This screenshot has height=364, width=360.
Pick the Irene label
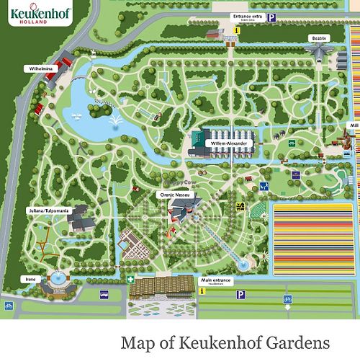(x=30, y=278)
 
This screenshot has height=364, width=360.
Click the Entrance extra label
(x=247, y=15)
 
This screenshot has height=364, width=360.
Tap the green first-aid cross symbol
(x=130, y=279)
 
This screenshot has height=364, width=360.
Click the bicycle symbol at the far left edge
(x=9, y=305)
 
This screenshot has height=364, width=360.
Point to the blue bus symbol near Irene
(x=104, y=294)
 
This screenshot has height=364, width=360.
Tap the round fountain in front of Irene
(x=55, y=277)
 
